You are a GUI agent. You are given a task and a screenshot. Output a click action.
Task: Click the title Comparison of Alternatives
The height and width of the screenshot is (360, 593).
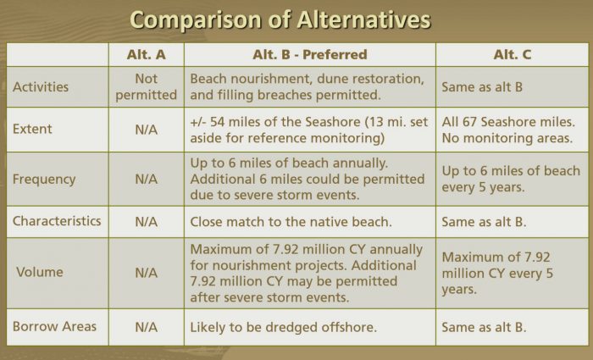[280, 19]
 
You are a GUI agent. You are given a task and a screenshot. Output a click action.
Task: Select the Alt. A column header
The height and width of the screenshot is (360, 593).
[147, 54]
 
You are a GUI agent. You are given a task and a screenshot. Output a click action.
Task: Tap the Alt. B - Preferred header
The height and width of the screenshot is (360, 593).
[310, 54]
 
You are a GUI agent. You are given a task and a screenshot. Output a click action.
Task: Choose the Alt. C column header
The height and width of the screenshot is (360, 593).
[512, 54]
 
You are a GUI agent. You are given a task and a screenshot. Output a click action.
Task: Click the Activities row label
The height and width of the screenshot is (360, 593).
[41, 87]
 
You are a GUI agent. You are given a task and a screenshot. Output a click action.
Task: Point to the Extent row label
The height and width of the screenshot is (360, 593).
[32, 129]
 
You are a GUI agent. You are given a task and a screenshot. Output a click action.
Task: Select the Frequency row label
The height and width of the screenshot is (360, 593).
[44, 180]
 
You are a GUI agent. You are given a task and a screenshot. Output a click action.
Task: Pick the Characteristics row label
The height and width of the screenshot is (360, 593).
[57, 221]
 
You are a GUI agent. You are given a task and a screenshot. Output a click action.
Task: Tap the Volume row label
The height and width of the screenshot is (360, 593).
[39, 272]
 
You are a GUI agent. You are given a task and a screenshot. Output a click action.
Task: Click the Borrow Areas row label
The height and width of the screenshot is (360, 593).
[54, 327]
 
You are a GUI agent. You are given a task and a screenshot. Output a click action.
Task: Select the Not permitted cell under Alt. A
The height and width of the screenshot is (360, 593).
[147, 87]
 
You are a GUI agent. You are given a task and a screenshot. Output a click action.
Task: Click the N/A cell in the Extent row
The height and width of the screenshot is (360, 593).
[147, 130]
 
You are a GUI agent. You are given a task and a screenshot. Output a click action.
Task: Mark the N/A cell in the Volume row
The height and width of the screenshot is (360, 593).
[147, 273]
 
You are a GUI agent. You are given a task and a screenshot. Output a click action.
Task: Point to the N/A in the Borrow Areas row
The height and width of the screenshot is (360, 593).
[147, 327]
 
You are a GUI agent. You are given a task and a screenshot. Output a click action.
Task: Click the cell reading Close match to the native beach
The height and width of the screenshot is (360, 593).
[291, 222]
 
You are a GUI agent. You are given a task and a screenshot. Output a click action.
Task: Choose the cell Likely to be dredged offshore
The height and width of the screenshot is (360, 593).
[283, 328]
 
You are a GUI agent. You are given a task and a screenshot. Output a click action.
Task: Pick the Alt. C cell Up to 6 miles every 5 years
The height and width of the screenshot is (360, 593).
[511, 179]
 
